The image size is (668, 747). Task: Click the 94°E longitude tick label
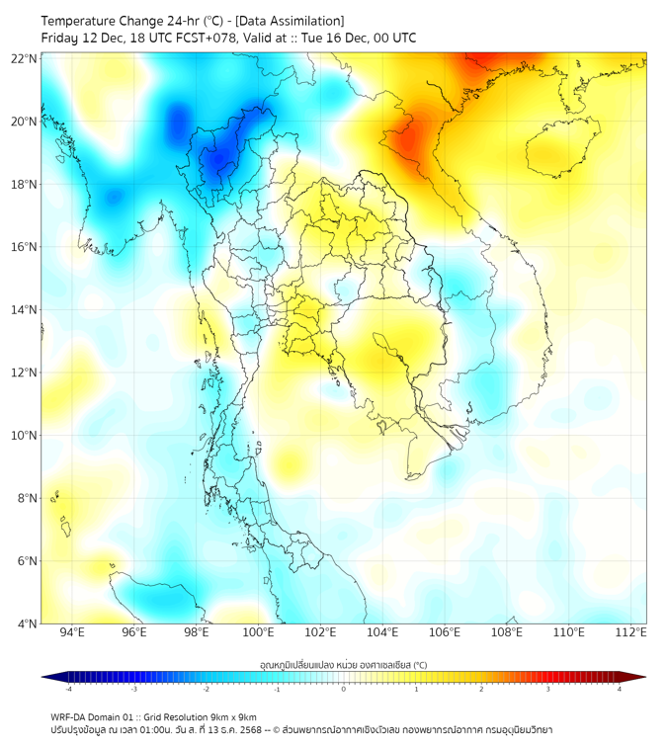click(x=72, y=632)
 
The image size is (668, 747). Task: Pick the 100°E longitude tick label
click(x=258, y=632)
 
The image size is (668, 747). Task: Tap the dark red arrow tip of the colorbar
click(x=639, y=677)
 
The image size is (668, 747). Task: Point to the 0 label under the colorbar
click(x=344, y=689)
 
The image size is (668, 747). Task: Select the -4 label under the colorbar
click(x=67, y=689)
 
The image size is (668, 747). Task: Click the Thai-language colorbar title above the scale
click(x=343, y=664)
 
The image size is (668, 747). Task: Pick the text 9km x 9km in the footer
click(x=233, y=716)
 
